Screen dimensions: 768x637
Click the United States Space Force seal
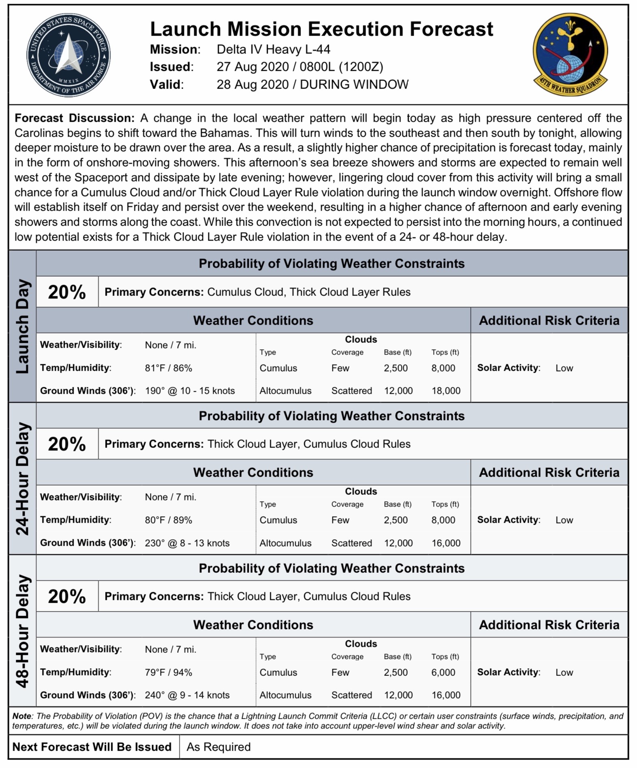(x=68, y=55)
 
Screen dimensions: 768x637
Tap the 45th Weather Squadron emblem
(x=570, y=54)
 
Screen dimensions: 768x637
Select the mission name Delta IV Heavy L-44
(x=273, y=49)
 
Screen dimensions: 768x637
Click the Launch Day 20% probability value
(x=67, y=292)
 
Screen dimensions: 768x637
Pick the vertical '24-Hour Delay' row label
(x=23, y=479)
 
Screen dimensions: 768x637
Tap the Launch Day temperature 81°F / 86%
(x=168, y=368)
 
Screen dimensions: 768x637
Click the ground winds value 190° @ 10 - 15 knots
(x=190, y=391)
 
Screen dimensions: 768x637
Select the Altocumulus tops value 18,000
(x=446, y=391)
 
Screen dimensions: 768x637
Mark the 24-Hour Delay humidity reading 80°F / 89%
(x=168, y=520)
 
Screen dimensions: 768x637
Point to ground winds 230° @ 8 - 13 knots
(x=187, y=543)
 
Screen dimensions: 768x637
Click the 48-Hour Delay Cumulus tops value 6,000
(x=443, y=672)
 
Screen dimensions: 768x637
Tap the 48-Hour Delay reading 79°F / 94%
(x=168, y=672)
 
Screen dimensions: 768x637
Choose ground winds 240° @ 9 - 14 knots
(x=187, y=695)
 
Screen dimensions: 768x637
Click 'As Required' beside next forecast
(x=218, y=747)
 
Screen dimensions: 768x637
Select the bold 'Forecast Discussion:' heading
(x=74, y=118)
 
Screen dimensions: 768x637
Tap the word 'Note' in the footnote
(x=22, y=716)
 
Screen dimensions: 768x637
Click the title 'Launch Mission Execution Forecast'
(x=322, y=29)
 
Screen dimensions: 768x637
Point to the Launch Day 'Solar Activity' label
(x=508, y=368)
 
